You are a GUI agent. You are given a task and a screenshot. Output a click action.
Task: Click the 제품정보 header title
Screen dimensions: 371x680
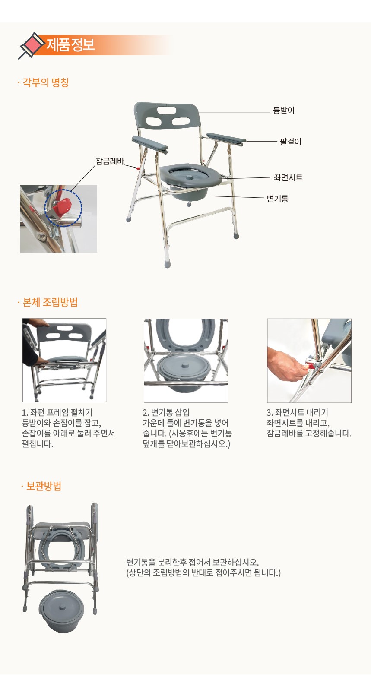pos(70,45)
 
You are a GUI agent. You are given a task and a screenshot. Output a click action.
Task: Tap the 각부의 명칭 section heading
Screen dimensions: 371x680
pos(46,82)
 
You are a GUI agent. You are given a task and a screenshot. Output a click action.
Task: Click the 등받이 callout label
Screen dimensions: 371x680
pos(284,110)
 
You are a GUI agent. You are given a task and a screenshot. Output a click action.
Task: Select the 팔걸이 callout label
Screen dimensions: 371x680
pos(291,142)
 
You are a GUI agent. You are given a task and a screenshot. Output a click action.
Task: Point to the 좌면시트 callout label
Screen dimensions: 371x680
pos(288,177)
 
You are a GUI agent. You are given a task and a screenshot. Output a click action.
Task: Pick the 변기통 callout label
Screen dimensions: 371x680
pos(277,199)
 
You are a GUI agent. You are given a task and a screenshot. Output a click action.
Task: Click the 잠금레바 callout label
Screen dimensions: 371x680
pos(110,161)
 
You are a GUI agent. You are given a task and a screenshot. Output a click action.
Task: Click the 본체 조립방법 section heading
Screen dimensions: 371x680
pos(50,302)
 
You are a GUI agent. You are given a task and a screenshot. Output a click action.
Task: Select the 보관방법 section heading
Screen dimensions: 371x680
pos(44,486)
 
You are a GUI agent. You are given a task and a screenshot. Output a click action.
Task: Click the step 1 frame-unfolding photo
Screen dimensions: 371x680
pos(64,361)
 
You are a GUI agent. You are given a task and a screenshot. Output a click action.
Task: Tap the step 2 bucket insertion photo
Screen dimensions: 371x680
pos(186,361)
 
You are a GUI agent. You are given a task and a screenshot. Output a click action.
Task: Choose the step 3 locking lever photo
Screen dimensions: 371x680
pos(309,361)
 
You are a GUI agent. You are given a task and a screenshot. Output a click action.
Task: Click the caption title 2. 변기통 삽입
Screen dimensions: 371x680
pos(166,413)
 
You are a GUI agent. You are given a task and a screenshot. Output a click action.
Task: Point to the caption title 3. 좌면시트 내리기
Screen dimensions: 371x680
pos(297,413)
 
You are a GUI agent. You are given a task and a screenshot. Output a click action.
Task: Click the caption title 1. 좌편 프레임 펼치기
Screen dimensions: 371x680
pos(57,413)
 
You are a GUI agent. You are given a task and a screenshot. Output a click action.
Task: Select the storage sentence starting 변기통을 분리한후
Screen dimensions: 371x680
pos(193,562)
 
